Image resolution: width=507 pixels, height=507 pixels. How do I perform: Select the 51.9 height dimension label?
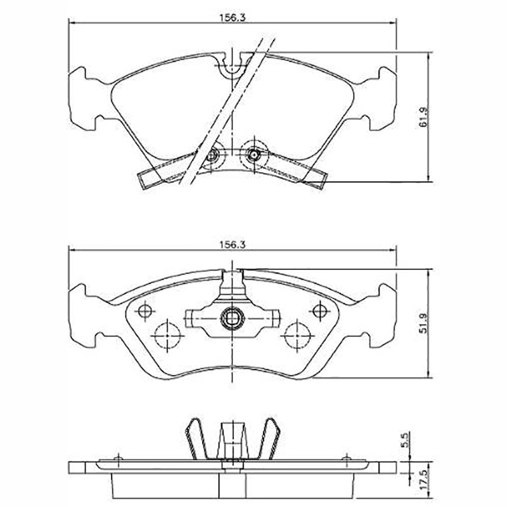(x=424, y=323)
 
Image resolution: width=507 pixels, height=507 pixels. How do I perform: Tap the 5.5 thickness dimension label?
(x=406, y=440)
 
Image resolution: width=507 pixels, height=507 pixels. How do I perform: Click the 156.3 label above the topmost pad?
(x=233, y=18)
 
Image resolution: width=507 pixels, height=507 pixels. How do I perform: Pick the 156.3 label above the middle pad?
(x=233, y=245)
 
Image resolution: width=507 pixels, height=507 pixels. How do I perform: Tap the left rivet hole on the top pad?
(x=212, y=156)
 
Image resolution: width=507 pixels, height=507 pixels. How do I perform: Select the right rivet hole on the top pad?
(x=254, y=155)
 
